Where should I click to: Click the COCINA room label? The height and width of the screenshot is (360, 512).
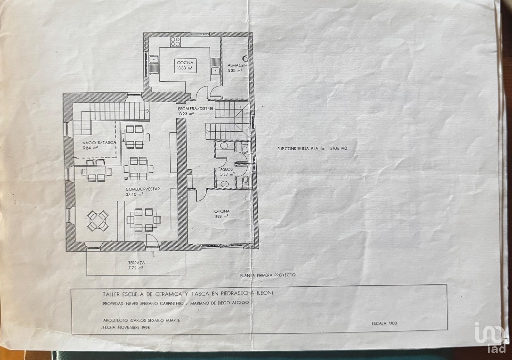185,63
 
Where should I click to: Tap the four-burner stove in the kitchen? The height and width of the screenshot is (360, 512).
175,42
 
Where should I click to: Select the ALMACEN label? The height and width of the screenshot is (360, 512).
237,65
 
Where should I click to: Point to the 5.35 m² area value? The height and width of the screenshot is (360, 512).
235,71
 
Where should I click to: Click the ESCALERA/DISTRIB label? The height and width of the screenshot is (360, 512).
196,109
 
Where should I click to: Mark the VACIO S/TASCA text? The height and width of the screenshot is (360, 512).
100,143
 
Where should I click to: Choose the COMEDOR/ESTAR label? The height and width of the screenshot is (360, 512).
143,189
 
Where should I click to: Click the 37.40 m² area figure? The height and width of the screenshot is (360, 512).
134,194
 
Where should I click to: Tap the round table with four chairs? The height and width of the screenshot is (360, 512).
98,220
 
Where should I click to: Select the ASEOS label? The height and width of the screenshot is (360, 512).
226,169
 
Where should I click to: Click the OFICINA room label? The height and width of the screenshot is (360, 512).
222,211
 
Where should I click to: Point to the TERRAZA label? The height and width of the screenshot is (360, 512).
136,263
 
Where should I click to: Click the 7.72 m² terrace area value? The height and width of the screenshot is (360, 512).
136,268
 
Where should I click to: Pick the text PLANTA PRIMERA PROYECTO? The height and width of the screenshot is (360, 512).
268,275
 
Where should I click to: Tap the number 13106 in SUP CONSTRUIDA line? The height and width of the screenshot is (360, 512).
335,148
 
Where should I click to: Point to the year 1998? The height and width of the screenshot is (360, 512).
145,328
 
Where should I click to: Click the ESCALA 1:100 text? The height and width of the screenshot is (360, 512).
384,323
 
